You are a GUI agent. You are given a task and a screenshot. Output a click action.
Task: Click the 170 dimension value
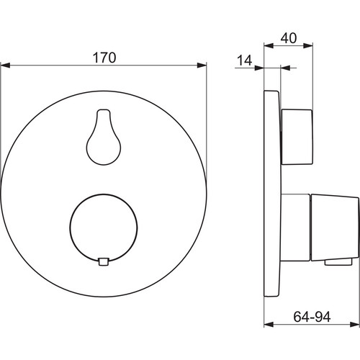coord(104,58)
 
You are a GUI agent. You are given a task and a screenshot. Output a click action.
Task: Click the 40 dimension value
coord(289,38)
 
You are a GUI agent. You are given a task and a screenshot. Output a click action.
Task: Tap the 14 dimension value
coord(245,60)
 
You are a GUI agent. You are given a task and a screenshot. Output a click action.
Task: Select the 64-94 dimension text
coord(312,317)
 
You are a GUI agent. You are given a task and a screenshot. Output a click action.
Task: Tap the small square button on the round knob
coord(104,261)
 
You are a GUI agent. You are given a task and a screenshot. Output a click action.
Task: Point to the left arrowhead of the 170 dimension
coord(5,65)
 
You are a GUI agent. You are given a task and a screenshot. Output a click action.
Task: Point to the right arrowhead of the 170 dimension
coord(202,65)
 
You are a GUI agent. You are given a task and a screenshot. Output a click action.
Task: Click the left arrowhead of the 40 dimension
coord(269,45)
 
